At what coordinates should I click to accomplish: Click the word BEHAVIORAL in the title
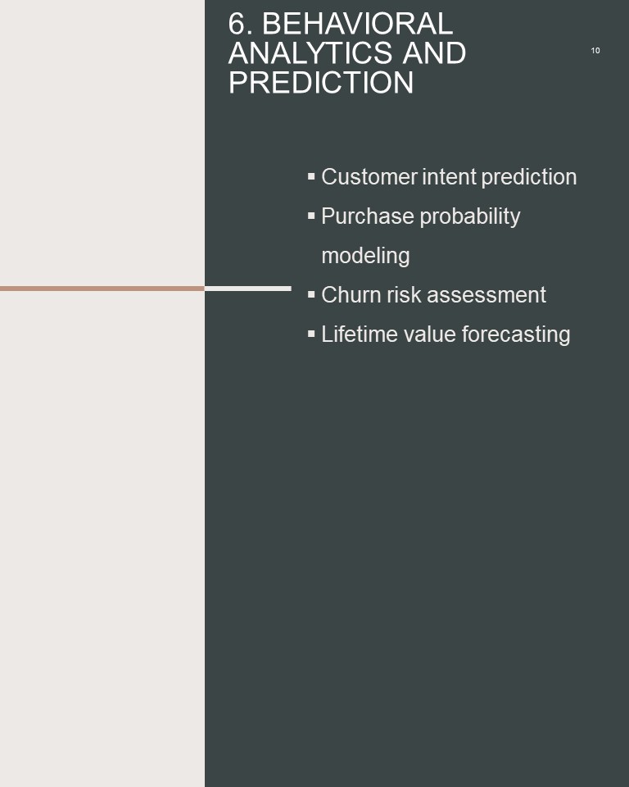coord(358,24)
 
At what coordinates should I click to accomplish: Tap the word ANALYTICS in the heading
coord(310,52)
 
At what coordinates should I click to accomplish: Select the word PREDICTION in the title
coord(321,82)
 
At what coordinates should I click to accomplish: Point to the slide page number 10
coord(595,51)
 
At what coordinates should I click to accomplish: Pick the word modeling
coord(365,256)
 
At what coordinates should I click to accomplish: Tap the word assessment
coord(486,294)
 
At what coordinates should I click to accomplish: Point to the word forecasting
coord(516,334)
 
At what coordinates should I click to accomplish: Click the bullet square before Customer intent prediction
coord(311,176)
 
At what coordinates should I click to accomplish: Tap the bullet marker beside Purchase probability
coord(311,216)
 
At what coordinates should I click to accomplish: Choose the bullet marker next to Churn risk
coord(311,294)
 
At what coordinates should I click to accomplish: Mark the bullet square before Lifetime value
coord(311,334)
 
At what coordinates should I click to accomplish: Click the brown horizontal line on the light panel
coord(102,289)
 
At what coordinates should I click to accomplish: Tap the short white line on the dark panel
coord(248,289)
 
